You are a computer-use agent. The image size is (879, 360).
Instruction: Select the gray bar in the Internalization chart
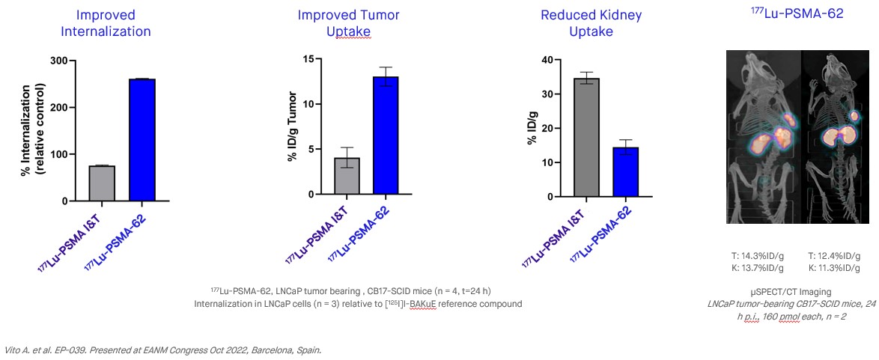pyautogui.click(x=102, y=183)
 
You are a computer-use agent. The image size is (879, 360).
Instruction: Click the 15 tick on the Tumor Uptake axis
pyautogui.click(x=317, y=58)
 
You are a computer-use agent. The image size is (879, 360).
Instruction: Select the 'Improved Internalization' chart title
pyautogui.click(x=106, y=23)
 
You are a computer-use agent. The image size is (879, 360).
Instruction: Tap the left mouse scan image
pyautogui.click(x=764, y=136)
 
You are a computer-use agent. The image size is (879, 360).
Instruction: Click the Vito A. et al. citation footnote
pyautogui.click(x=163, y=350)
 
